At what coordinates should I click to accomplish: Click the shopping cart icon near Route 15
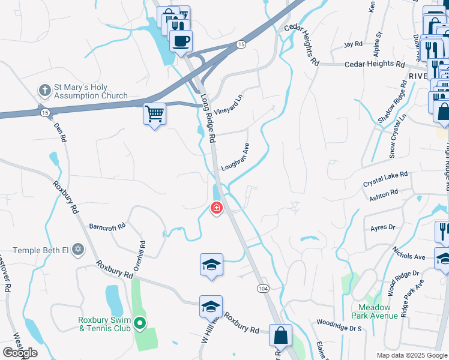click(154, 113)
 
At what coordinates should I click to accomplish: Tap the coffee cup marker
click(181, 41)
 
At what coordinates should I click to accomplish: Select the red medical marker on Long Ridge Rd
click(215, 208)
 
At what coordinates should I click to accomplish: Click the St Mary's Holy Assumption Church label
click(90, 91)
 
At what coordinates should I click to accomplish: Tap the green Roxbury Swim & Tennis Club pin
click(140, 323)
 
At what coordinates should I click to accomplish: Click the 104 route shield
click(262, 289)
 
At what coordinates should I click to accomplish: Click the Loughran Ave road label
click(235, 157)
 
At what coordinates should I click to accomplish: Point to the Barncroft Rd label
click(107, 227)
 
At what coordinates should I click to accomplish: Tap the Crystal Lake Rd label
click(385, 179)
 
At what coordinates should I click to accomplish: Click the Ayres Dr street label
click(383, 227)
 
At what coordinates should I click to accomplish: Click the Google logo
click(20, 352)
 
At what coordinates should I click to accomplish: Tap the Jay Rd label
click(353, 44)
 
